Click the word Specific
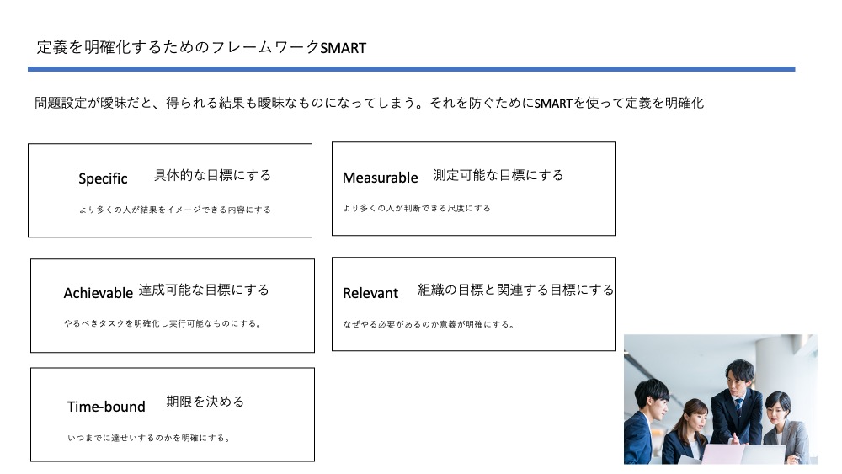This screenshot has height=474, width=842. point(103,178)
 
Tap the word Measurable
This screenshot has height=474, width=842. point(381,178)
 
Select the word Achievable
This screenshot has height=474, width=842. point(99,293)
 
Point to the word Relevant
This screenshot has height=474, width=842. point(370,293)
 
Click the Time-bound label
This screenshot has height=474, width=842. point(106,407)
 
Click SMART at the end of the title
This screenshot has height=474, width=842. point(344,48)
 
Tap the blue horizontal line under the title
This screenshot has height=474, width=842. point(412,69)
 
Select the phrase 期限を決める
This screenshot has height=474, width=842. point(205,402)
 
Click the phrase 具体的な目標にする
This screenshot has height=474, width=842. point(213,175)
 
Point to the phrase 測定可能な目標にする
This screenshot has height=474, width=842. point(498,175)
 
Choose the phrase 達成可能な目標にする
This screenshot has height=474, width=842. point(204,290)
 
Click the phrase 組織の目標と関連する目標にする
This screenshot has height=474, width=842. point(515,290)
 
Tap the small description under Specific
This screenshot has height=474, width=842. point(175,210)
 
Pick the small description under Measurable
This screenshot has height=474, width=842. point(417,208)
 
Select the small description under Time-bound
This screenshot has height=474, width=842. point(149,438)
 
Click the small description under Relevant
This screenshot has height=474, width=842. point(429,324)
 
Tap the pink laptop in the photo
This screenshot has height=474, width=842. point(722,454)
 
